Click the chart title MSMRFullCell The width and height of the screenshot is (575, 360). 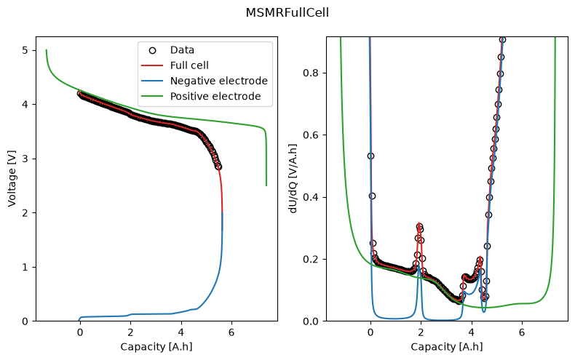pos(287,13)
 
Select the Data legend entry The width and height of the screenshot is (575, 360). pos(172,50)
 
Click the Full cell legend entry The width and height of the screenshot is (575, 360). pos(175,65)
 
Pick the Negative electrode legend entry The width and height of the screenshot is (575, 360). pos(205,81)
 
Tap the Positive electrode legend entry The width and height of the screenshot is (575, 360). pos(202,97)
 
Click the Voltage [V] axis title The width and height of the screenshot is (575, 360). pos(12,178)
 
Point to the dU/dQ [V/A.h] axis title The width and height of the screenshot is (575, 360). pos(293,178)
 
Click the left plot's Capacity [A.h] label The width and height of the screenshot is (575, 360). pos(156,347)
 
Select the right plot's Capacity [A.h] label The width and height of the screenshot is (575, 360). pos(447,347)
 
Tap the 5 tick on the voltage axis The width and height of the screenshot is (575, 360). pos(25,50)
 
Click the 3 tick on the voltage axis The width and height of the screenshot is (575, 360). pos(25,159)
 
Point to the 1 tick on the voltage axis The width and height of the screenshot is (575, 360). pos(25,267)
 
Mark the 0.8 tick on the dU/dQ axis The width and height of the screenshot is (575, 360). pos(310,73)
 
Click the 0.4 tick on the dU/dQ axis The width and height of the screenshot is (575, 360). pos(310,197)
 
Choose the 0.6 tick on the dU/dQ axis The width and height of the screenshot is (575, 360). pos(310,135)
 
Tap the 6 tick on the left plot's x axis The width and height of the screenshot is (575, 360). pos(231,332)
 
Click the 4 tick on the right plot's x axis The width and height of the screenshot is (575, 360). pos(472,332)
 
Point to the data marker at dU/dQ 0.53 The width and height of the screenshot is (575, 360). pos(370,156)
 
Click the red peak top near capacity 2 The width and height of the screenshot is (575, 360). pos(419,223)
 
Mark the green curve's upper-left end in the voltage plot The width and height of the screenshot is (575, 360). pos(46,49)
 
